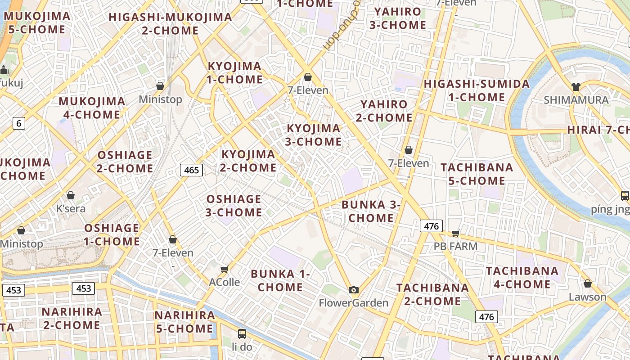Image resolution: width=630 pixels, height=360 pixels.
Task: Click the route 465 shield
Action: [x=191, y=170]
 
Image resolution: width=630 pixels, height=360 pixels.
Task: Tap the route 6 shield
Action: [x=18, y=123]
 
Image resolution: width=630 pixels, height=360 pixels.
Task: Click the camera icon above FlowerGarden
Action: [x=354, y=290]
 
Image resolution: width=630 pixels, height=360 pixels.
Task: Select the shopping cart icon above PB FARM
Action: [x=455, y=233]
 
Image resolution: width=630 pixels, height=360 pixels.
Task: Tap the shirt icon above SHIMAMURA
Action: [x=576, y=86]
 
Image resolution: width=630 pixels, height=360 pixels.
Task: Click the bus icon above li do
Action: [x=242, y=334]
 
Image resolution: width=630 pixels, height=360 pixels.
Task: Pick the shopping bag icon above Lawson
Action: [x=587, y=283]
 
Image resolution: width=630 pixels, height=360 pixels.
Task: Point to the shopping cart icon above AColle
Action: [x=224, y=269]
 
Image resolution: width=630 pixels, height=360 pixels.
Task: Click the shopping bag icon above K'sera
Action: [x=71, y=195]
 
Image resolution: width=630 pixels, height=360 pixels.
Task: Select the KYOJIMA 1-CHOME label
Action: [x=234, y=73]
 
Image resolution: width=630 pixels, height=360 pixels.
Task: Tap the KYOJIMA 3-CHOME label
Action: [x=314, y=135]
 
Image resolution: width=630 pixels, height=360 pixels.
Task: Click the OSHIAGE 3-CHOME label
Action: [x=234, y=206]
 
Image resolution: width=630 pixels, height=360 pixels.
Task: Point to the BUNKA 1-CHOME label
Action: [x=280, y=280]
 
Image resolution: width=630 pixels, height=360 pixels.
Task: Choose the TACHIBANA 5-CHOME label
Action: [x=477, y=174]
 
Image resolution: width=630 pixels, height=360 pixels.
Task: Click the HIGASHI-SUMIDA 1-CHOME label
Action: [x=477, y=90]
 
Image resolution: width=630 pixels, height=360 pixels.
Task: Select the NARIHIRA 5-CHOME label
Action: [x=184, y=322]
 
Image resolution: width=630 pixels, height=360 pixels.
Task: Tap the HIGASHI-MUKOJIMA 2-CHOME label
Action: [x=170, y=24]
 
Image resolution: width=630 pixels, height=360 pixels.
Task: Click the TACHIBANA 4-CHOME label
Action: [x=522, y=278]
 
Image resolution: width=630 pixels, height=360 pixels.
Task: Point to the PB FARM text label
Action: [x=455, y=247]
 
